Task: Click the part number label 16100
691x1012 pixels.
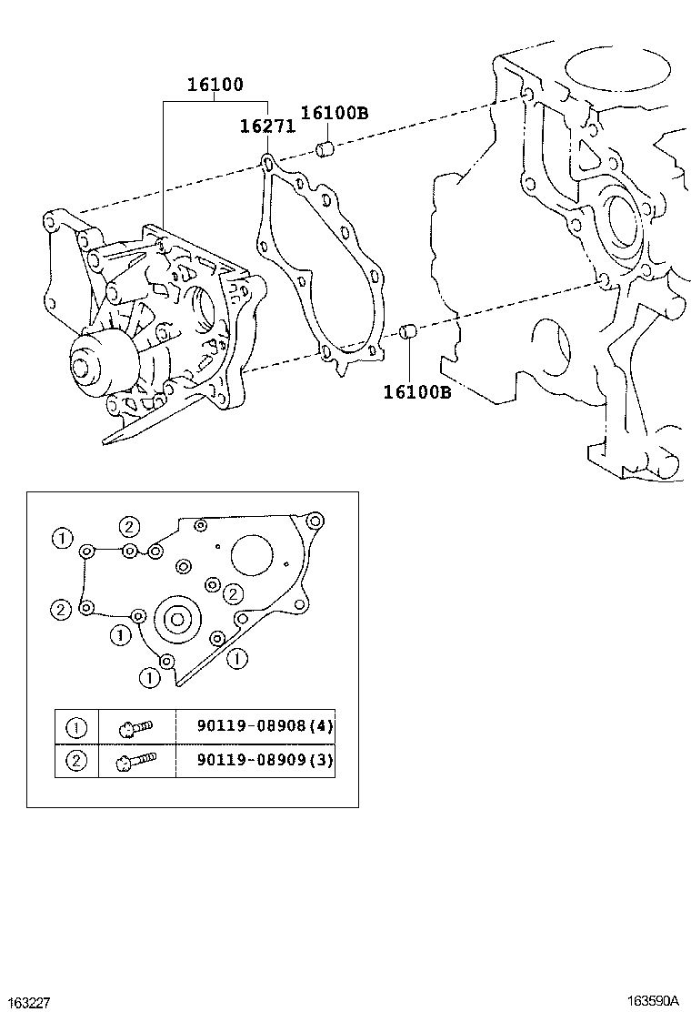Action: click(x=215, y=85)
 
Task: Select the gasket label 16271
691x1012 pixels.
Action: click(x=267, y=126)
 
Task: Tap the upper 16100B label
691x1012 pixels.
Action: click(x=335, y=113)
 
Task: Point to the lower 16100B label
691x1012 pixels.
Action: click(x=417, y=391)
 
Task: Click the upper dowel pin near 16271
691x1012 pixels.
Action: click(x=325, y=150)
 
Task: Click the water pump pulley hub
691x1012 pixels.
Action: click(x=83, y=368)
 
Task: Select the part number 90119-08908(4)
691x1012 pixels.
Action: click(x=265, y=726)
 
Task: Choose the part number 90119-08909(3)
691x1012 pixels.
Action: click(x=265, y=760)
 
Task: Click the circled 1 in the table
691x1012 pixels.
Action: click(x=76, y=728)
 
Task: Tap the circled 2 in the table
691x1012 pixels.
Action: click(x=76, y=760)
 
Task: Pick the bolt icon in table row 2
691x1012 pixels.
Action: click(x=136, y=760)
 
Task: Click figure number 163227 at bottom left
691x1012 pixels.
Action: click(x=25, y=1002)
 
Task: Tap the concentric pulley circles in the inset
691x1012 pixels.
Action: click(x=178, y=621)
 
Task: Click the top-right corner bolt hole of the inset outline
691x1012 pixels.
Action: click(x=314, y=521)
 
